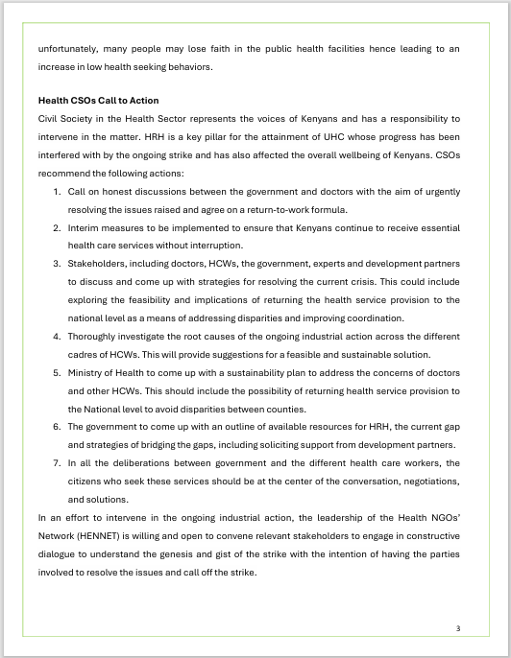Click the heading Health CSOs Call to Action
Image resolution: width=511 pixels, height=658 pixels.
coord(98,101)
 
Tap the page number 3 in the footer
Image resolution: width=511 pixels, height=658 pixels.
coord(458,628)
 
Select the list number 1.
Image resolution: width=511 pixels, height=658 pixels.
coord(57,192)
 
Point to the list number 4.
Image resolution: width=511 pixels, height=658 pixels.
coord(57,337)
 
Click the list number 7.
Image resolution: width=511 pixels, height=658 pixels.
coord(57,463)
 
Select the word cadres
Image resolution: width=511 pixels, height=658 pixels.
coord(83,355)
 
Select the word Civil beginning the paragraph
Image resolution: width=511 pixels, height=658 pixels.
coord(48,119)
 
